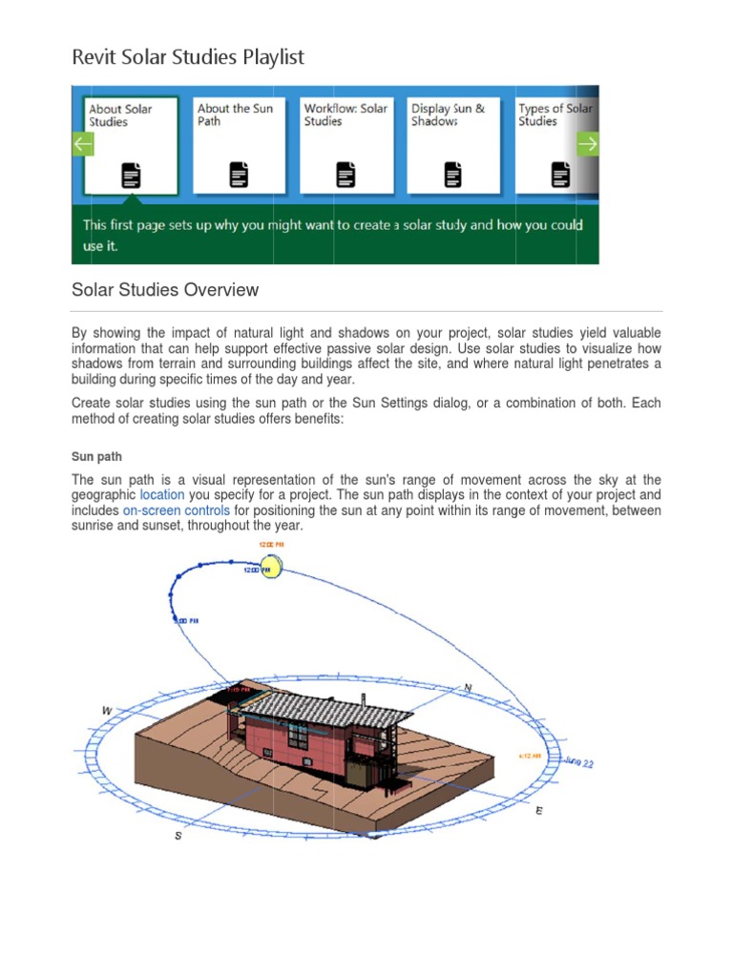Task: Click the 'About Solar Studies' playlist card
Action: coord(131,144)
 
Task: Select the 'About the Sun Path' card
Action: coord(239,144)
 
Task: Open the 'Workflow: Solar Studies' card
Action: coord(346,144)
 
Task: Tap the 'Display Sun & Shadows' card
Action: coord(453,144)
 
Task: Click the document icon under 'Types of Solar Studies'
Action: coord(560,175)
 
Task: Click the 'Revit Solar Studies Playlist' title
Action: coord(188,57)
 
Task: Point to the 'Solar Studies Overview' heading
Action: coord(165,290)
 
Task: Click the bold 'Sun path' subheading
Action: coord(96,457)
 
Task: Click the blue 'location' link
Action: coord(163,495)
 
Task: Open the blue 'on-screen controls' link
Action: coord(177,510)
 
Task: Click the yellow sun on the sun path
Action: coord(272,570)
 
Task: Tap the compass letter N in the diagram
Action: coord(468,687)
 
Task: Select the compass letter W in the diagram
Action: coord(107,711)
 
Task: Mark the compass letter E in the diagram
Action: coord(539,810)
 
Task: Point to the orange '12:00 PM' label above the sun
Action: coord(271,545)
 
